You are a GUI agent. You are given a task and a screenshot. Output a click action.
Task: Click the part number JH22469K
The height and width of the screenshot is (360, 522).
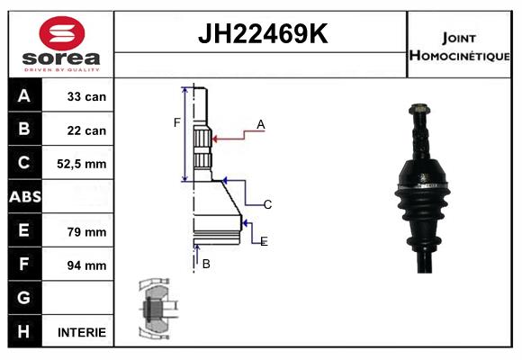point(262,34)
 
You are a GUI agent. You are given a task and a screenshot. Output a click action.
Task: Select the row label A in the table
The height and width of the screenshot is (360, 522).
point(24,95)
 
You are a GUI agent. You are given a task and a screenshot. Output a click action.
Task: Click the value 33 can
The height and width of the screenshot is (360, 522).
point(86,96)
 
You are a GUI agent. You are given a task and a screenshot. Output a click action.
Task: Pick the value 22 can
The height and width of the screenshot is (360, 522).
point(86,130)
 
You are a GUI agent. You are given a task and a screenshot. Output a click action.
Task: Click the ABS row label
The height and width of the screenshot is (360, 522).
point(24,197)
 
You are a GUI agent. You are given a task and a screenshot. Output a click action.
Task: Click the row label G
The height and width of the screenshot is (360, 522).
point(24,298)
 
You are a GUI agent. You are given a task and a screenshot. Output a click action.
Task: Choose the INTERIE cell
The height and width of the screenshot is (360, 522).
point(82,332)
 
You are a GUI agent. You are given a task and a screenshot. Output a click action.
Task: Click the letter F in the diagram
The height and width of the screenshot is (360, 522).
point(177,122)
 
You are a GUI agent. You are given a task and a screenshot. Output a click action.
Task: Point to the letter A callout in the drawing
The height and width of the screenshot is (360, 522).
point(260,124)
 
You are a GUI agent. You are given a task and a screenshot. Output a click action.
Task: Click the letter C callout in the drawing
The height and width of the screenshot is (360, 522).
point(267,205)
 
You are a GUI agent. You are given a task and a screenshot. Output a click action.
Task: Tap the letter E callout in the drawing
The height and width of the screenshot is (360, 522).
point(264,242)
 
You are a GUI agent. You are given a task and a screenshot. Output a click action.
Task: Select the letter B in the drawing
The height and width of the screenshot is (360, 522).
point(206,264)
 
